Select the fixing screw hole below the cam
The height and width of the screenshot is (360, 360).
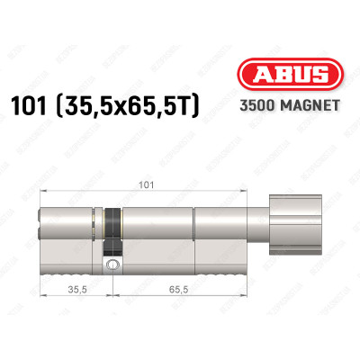[x=112, y=265]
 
